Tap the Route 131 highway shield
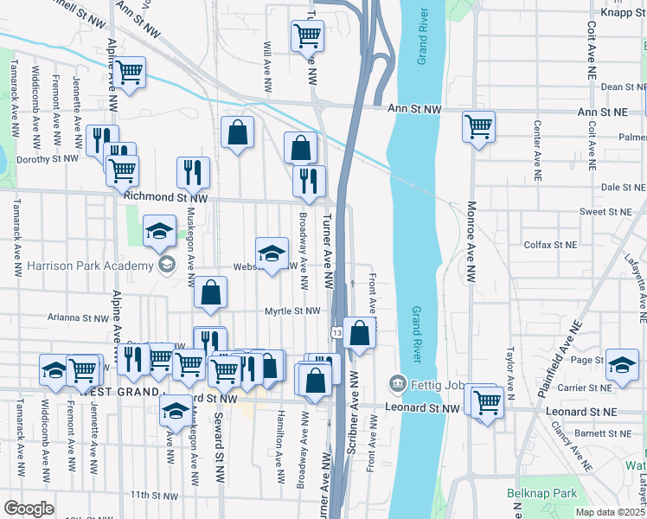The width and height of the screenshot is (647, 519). click(335, 333)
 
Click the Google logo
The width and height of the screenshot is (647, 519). click(29, 509)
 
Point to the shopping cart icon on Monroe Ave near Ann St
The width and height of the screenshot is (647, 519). click(478, 127)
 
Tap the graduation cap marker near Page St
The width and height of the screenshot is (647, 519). click(622, 364)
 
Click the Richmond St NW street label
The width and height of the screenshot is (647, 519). click(166, 197)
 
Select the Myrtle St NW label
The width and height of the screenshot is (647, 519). click(292, 311)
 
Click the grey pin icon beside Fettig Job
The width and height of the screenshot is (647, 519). click(397, 381)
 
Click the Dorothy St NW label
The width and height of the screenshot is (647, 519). click(48, 159)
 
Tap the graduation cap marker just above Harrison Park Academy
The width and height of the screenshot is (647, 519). click(159, 231)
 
